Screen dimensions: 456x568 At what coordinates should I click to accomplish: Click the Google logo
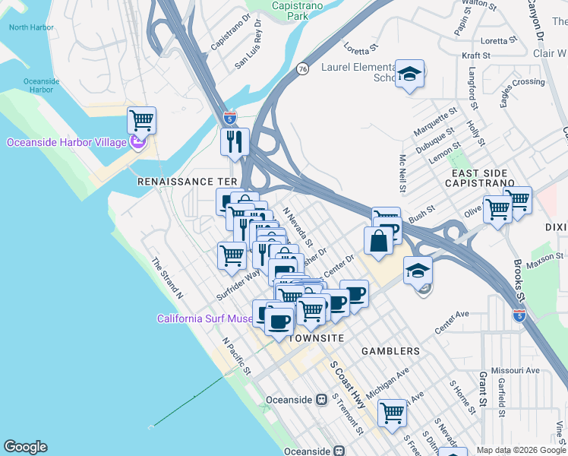pos(25,447)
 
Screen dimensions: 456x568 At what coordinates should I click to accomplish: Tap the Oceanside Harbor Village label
pos(67,142)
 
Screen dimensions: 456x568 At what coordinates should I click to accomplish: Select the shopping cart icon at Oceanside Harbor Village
pos(141,120)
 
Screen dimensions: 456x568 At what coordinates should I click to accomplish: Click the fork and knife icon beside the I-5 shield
pos(235,141)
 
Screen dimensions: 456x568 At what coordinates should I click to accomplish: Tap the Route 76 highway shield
pos(302,68)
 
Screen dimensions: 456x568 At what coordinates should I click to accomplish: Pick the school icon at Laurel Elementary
pos(410,74)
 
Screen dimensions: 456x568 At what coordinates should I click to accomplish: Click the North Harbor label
pos(31,27)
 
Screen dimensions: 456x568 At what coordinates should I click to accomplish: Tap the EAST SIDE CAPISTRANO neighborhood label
pos(478,179)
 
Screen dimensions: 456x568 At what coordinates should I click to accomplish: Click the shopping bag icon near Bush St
pos(379,241)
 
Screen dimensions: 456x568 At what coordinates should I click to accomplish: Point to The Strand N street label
pos(167,277)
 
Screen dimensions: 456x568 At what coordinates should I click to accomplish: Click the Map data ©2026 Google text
pos(520,450)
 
